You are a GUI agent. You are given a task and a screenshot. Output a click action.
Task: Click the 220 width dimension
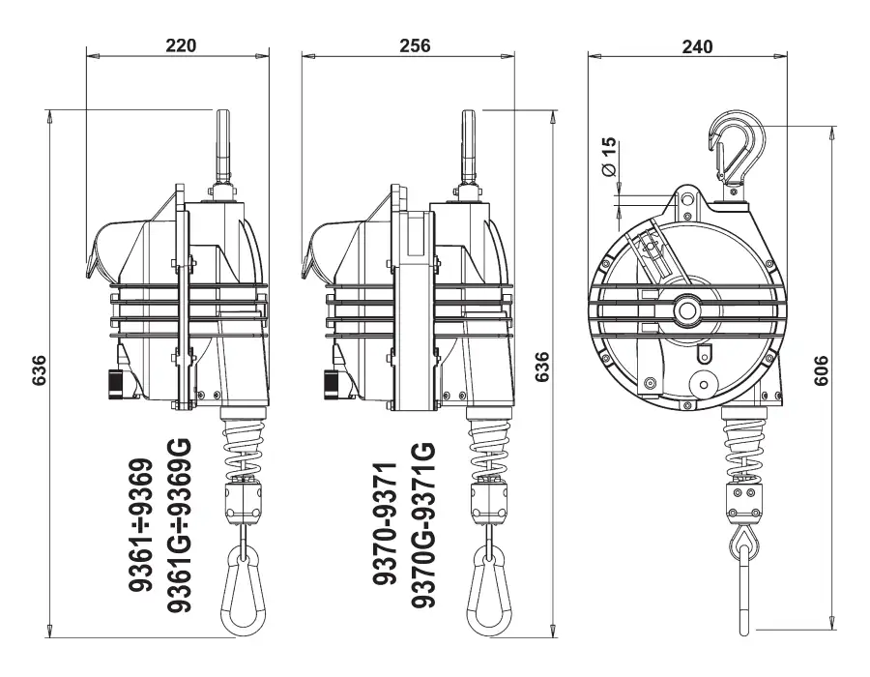[x=181, y=44]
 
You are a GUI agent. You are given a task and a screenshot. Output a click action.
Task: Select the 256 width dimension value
[x=415, y=44]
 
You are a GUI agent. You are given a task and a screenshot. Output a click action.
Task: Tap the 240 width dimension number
[x=697, y=46]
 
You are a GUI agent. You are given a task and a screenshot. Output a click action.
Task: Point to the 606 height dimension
[x=820, y=370]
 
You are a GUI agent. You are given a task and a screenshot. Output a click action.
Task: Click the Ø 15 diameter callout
[x=608, y=157]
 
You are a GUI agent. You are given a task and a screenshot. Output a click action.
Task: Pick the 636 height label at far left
[x=39, y=370]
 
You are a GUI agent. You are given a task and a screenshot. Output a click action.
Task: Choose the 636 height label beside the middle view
[x=541, y=367]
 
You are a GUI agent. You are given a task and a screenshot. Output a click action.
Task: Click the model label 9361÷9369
[x=140, y=525]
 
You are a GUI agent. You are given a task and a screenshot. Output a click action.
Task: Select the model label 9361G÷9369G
[x=179, y=525]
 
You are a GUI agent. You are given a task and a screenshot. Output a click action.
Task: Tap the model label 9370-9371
[x=385, y=523]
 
